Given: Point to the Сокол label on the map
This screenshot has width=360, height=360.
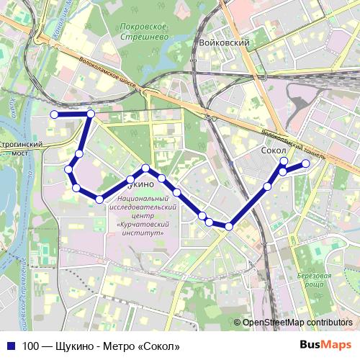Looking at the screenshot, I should pyautogui.click(x=272, y=152).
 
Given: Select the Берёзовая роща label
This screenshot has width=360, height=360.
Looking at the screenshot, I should pyautogui.click(x=318, y=281).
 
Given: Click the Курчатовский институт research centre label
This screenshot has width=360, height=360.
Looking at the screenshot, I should pyautogui.click(x=145, y=215).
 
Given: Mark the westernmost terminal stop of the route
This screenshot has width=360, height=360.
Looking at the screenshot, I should pyautogui.click(x=53, y=114).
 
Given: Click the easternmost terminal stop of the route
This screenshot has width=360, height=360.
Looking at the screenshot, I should pyautogui.click(x=305, y=164).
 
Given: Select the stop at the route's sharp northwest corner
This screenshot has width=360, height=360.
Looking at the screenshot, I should pyautogui.click(x=91, y=114).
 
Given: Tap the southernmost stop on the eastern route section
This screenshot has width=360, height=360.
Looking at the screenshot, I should pyautogui.click(x=229, y=227).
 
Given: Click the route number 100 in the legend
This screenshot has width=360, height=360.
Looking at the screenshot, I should pyautogui.click(x=30, y=346).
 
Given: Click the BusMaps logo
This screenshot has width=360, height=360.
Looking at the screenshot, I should pyautogui.click(x=325, y=346).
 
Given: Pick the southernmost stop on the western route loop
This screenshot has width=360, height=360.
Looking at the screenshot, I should pyautogui.click(x=99, y=199).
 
